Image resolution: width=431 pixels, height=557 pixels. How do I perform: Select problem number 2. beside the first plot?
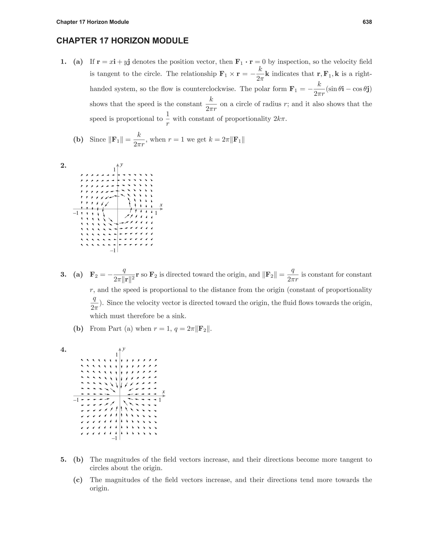(x=63, y=166)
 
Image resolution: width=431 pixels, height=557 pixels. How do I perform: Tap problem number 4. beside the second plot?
(x=63, y=350)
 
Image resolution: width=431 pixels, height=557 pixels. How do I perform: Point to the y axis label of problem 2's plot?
(x=122, y=165)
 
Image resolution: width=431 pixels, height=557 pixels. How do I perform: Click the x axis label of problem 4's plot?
(x=163, y=392)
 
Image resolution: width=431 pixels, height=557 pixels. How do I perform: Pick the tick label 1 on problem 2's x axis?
(x=156, y=213)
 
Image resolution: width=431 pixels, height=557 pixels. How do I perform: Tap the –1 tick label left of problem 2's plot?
(x=76, y=213)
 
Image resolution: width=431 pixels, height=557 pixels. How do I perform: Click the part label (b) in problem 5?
(x=78, y=460)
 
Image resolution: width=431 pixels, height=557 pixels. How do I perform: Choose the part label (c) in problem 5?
(x=78, y=480)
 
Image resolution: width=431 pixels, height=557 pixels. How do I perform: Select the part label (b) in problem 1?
(x=78, y=140)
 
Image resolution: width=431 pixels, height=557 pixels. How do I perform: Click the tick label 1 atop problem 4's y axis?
(x=117, y=355)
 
